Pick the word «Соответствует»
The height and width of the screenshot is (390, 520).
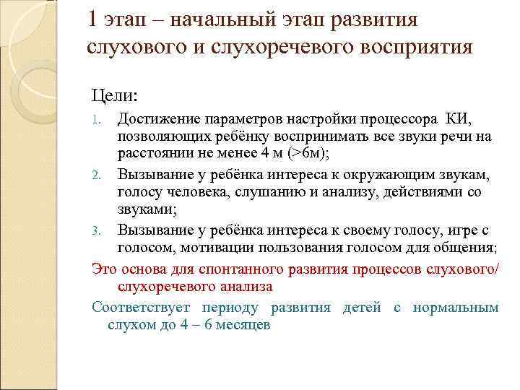tap(136, 308)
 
